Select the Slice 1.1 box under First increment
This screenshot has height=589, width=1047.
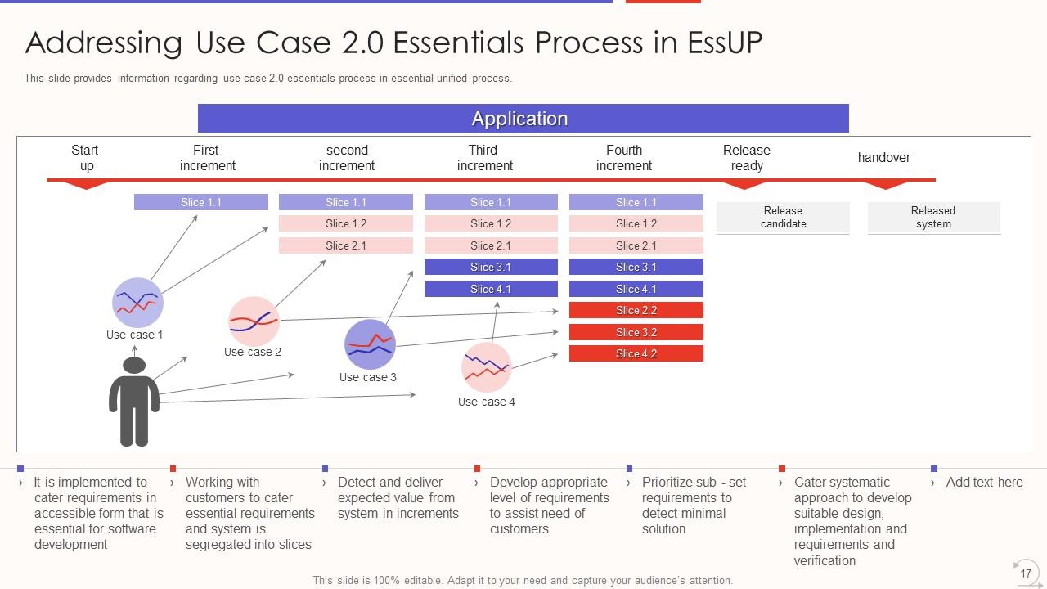coord(200,202)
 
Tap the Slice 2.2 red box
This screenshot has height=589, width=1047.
coord(636,311)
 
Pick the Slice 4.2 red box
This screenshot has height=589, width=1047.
coord(636,354)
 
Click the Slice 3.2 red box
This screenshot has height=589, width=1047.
coord(636,332)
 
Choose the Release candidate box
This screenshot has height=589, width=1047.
coord(783,218)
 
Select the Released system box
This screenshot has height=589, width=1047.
coord(933,218)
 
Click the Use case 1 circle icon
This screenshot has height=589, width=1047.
coord(137,303)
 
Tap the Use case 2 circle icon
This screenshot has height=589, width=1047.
coord(254,321)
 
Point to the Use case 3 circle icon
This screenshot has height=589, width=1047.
coord(370,344)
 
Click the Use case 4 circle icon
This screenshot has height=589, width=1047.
coord(486,368)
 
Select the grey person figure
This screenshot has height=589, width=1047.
coord(134,402)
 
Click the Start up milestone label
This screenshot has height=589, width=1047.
coord(85,158)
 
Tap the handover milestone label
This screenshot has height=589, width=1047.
coord(883,158)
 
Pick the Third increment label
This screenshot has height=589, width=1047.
coord(484,158)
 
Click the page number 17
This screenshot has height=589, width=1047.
coord(1025,573)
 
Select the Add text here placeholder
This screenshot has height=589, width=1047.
coord(984,483)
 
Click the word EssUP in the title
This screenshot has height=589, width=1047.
coord(719,43)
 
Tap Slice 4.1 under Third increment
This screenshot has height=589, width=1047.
coord(491,289)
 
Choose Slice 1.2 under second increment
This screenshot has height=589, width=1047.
coord(345,224)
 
